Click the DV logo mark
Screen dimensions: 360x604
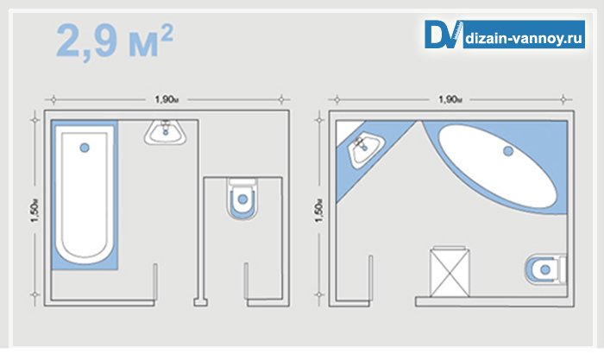pyautogui.click(x=444, y=35)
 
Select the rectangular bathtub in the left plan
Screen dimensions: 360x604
pyautogui.click(x=85, y=194)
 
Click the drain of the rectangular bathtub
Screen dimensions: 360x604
pyautogui.click(x=85, y=148)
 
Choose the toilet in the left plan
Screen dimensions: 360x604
pyautogui.click(x=242, y=198)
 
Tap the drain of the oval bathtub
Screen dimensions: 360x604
pyautogui.click(x=509, y=152)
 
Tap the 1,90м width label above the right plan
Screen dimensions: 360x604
pyautogui.click(x=450, y=99)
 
